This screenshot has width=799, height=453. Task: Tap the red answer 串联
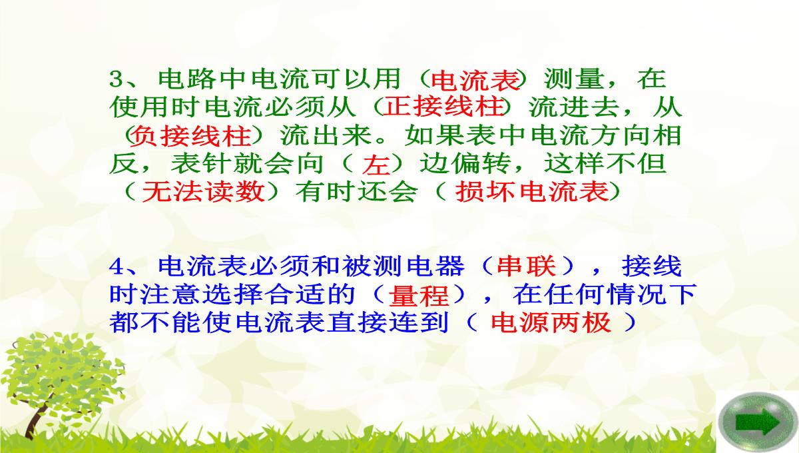pos(526,266)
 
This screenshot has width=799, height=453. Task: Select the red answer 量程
pos(418,295)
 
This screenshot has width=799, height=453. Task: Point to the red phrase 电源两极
pos(551,323)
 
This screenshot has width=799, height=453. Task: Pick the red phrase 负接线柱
pos(191,136)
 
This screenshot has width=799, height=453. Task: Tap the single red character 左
pos(376,165)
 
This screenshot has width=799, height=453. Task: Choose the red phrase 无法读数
pos(204,193)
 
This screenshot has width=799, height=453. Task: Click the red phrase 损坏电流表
pos(532,193)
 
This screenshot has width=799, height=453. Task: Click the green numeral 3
pos(116,79)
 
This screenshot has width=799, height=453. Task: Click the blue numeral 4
pos(117,266)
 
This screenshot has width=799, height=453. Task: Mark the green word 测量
pos(574,79)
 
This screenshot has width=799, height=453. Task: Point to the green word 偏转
pos(481,164)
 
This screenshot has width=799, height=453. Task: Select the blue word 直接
pos(357,323)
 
